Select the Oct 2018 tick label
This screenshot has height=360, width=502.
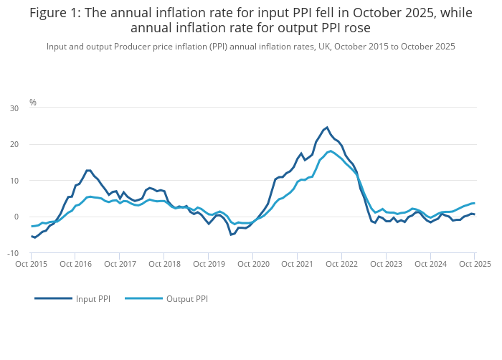[x=166, y=264]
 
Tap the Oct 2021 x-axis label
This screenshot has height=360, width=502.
[x=297, y=264]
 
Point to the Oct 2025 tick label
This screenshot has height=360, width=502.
[x=475, y=264]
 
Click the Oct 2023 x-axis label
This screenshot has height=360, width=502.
[x=386, y=264]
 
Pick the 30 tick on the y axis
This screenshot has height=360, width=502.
[x=14, y=108]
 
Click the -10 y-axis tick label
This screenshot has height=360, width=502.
[x=14, y=253]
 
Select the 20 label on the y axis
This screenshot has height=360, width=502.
[x=14, y=144]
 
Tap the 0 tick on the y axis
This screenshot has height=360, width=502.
[x=16, y=217]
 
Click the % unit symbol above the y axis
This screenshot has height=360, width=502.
[x=33, y=103]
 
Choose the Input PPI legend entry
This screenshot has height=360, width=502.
[x=73, y=298]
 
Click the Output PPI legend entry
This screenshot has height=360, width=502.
[x=166, y=298]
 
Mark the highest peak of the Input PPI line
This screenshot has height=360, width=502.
[x=327, y=128]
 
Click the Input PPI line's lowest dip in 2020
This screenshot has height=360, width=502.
[x=231, y=235]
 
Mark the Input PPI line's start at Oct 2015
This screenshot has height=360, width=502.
[x=32, y=236]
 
